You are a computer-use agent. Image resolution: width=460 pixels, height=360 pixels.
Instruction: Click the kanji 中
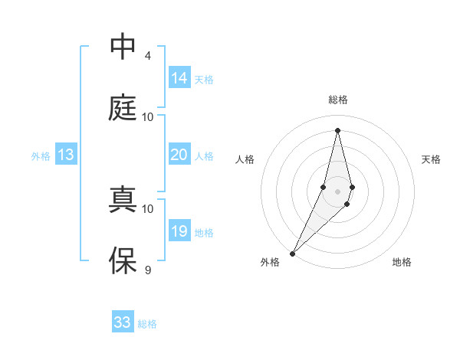pyautogui.click(x=123, y=47)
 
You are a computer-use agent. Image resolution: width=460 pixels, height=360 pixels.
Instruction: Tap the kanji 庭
pyautogui.click(x=123, y=108)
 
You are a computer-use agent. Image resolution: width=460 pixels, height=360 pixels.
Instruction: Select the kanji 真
pyautogui.click(x=123, y=200)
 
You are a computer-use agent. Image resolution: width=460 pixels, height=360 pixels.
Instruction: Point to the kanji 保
pyautogui.click(x=123, y=261)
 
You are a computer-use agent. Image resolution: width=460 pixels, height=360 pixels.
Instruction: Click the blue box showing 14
pyautogui.click(x=179, y=77)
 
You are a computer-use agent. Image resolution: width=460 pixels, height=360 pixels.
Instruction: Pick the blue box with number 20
pyautogui.click(x=179, y=155)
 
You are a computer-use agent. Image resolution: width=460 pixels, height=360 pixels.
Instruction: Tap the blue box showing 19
pyautogui.click(x=179, y=231)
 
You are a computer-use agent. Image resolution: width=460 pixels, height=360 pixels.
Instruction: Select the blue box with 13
pyautogui.click(x=66, y=155)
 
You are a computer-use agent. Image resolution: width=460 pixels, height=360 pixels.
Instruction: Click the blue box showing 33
pyautogui.click(x=123, y=322)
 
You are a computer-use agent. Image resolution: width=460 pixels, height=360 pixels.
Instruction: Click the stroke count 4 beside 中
pyautogui.click(x=147, y=55)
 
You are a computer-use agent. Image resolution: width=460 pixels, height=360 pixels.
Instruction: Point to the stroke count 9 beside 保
pyautogui.click(x=147, y=270)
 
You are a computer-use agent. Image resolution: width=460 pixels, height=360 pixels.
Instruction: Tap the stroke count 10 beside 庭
pyautogui.click(x=148, y=116)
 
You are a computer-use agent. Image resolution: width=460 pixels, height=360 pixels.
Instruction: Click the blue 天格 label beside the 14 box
pyautogui.click(x=204, y=79)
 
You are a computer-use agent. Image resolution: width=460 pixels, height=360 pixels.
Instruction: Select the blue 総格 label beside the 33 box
pyautogui.click(x=147, y=324)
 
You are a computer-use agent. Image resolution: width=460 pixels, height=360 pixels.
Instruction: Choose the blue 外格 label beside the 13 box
pyautogui.click(x=41, y=156)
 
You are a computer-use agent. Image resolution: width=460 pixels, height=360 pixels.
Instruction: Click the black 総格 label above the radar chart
pyautogui.click(x=337, y=100)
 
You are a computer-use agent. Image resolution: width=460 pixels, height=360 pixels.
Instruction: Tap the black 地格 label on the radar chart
pyautogui.click(x=402, y=262)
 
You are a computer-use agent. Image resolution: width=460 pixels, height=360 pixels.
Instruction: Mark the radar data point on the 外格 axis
pyautogui.click(x=292, y=252)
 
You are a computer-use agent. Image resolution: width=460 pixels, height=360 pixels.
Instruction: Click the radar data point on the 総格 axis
pyautogui.click(x=337, y=130)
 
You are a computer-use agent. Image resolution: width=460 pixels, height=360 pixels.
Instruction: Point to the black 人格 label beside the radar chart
pyautogui.click(x=245, y=159)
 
